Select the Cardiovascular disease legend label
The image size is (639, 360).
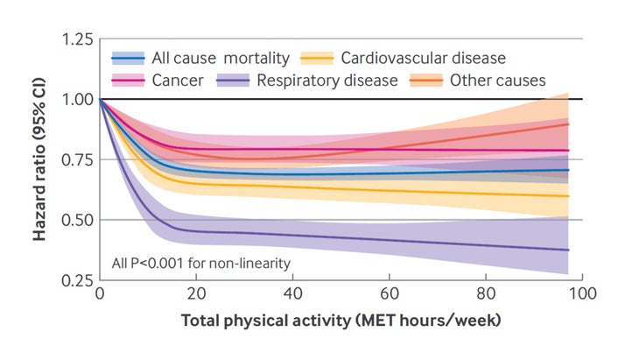click(422, 59)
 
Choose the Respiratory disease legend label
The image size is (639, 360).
click(327, 81)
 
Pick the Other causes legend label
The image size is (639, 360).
click(497, 81)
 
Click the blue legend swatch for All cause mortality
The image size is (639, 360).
click(129, 59)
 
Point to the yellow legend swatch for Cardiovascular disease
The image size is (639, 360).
click(317, 59)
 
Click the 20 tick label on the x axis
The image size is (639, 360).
click(196, 295)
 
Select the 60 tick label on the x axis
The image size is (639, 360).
click(389, 295)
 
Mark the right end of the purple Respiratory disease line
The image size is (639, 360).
click(569, 250)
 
